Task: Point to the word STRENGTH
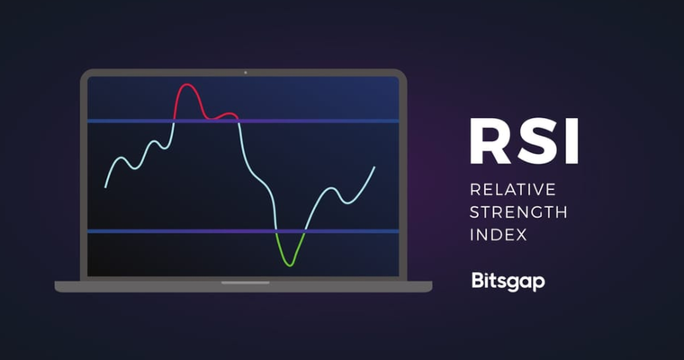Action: tap(519, 213)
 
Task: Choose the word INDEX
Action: tap(498, 236)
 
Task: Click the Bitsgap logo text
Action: tap(508, 281)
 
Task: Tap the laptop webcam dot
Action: tap(243, 72)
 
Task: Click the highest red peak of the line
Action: tap(187, 85)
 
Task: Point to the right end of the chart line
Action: tap(374, 166)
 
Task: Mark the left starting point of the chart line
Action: tap(105, 187)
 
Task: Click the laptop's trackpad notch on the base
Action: tap(243, 283)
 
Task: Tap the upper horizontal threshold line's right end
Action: tap(397, 121)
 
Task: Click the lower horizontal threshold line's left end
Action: tap(90, 231)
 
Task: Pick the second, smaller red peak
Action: tap(231, 114)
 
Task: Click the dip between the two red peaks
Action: tap(212, 117)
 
